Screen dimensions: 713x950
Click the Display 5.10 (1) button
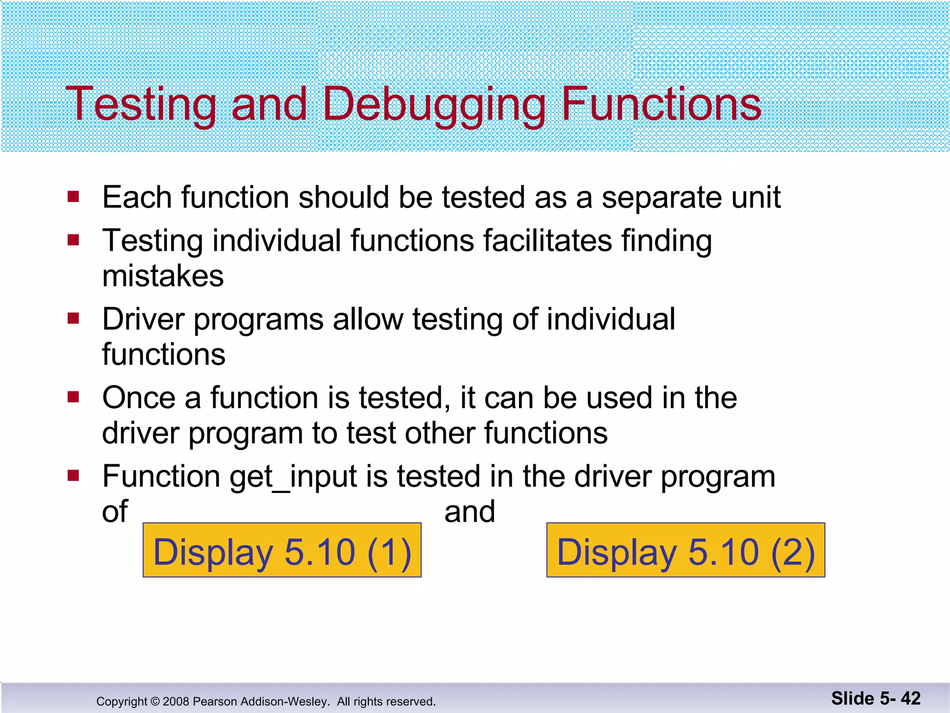point(282,551)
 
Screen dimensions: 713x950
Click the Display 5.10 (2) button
point(686,551)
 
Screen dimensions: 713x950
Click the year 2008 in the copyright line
point(176,701)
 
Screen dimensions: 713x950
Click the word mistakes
point(163,276)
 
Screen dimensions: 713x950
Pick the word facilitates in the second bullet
point(547,241)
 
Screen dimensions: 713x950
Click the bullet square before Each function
point(73,197)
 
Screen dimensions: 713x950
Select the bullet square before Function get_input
point(73,476)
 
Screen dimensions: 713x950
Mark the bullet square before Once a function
point(73,397)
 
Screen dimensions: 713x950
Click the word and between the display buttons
point(469,512)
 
